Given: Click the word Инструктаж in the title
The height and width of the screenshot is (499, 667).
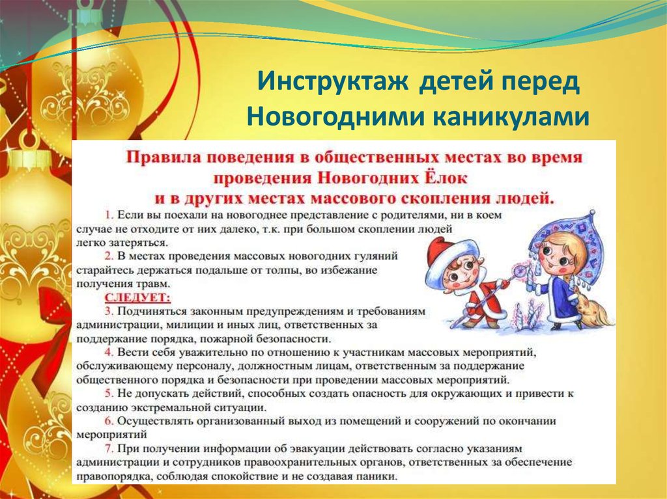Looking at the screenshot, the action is pyautogui.click(x=332, y=81).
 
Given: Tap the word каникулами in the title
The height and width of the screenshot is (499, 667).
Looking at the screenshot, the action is pyautogui.click(x=511, y=116).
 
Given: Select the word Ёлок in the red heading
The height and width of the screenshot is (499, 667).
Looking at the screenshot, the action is pyautogui.click(x=447, y=177).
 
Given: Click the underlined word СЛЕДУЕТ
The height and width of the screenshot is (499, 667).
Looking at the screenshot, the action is pyautogui.click(x=137, y=297).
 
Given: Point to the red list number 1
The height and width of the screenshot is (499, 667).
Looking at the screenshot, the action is pyautogui.click(x=109, y=215).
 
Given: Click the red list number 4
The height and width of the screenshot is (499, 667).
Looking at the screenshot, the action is pyautogui.click(x=109, y=353).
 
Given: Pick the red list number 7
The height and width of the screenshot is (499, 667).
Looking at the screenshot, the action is pyautogui.click(x=109, y=449).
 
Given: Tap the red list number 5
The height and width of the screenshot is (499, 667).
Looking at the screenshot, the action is pyautogui.click(x=109, y=394).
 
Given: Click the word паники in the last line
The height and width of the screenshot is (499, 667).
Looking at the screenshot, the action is pyautogui.click(x=378, y=476).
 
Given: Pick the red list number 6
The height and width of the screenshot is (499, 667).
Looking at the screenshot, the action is pyautogui.click(x=109, y=421).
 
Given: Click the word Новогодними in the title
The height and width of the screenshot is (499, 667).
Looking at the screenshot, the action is pyautogui.click(x=336, y=116).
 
